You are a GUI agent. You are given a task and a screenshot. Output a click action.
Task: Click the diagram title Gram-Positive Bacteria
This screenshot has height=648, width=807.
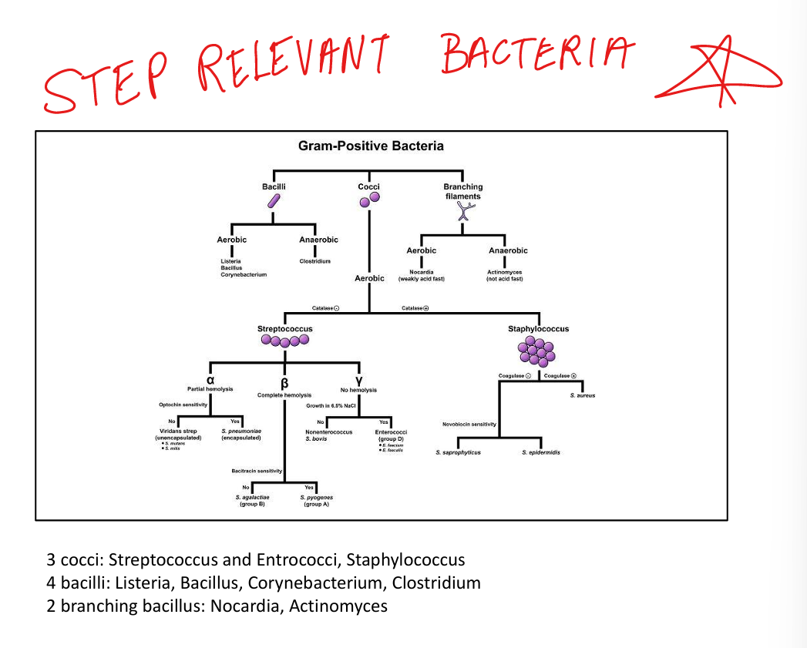coord(370,146)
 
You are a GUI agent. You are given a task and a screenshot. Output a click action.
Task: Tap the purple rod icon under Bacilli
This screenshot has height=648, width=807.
coord(273,201)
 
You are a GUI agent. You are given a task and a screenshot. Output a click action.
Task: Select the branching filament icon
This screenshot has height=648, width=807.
coord(462,210)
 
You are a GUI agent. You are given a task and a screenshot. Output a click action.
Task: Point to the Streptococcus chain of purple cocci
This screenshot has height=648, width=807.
coord(284,341)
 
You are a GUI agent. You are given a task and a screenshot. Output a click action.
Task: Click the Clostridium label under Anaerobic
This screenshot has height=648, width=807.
coord(314,261)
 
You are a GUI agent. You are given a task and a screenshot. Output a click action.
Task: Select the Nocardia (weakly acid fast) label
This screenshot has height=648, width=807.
coord(421,275)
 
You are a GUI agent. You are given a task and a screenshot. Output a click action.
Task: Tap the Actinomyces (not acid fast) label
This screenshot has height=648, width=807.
coord(505,275)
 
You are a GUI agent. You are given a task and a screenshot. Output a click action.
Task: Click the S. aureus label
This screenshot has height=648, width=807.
coord(583,395)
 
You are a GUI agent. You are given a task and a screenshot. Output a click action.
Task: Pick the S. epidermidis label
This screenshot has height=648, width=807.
coord(540,452)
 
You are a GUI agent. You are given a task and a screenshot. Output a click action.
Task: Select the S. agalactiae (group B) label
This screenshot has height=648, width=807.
coord(252,501)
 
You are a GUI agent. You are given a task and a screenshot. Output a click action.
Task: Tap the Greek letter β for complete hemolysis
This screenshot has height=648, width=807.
coord(284,384)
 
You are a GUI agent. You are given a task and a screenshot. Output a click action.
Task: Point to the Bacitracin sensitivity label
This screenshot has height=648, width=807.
coord(257,471)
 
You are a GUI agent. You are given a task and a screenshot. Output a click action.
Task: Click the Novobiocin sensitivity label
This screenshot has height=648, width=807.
coord(469,424)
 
